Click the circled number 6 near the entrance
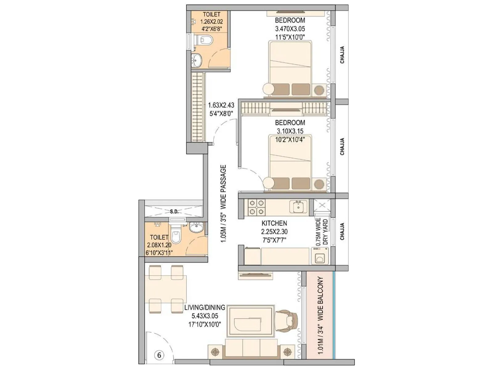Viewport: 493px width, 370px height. (x=159, y=355)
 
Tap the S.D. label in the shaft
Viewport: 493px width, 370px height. (x=174, y=212)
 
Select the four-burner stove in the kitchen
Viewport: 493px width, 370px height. (x=257, y=207)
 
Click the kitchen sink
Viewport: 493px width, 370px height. (x=298, y=207)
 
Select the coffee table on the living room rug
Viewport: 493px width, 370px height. (x=251, y=322)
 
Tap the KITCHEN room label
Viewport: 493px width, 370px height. (x=274, y=223)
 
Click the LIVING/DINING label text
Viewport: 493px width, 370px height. (x=205, y=308)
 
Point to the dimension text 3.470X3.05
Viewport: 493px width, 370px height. (x=290, y=29)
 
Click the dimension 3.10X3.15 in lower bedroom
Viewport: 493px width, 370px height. (x=290, y=131)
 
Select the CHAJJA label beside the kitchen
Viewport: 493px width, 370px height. (x=342, y=232)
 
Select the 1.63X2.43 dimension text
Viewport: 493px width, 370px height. (x=221, y=105)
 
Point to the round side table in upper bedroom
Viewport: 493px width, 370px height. (x=268, y=89)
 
